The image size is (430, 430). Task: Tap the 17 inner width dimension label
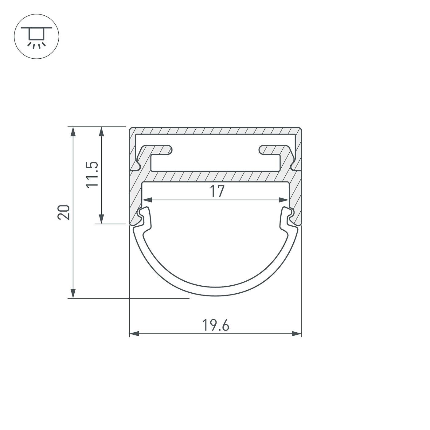217,191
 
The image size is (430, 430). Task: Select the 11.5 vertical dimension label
92,174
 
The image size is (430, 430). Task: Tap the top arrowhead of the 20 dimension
73,132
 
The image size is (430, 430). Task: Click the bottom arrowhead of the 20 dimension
73,293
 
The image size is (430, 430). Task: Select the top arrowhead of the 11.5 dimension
101,132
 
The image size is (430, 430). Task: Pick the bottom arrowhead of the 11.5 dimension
101,219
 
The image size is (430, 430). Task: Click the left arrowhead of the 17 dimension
147,200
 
